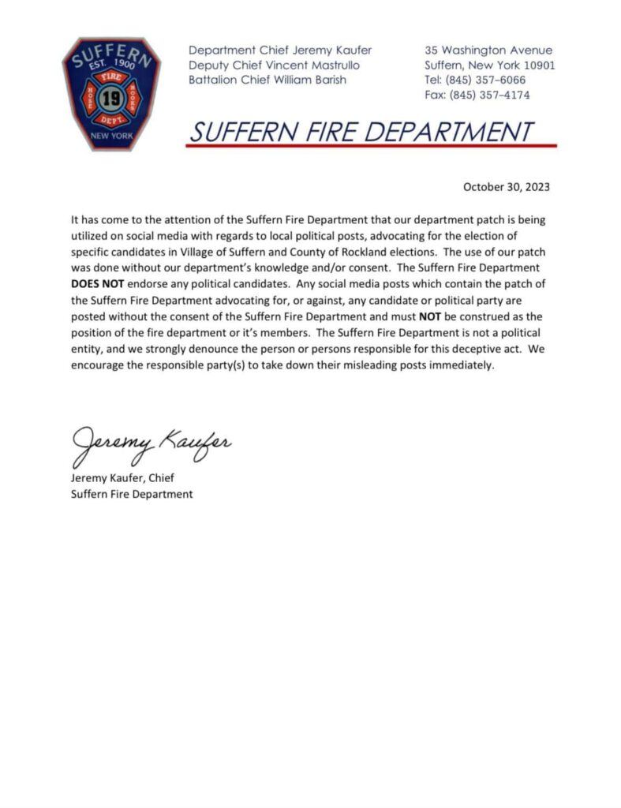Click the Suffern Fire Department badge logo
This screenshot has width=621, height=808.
click(x=110, y=94)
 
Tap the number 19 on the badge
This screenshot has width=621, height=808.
click(x=111, y=99)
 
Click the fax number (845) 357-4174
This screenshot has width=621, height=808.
click(x=489, y=95)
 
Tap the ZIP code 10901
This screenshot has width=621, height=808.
click(x=537, y=65)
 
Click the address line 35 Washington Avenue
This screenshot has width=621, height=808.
click(x=488, y=50)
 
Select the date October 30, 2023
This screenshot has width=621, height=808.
click(x=506, y=187)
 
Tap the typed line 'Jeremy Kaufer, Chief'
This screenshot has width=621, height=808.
click(x=122, y=478)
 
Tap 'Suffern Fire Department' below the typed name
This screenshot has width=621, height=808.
click(x=131, y=494)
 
